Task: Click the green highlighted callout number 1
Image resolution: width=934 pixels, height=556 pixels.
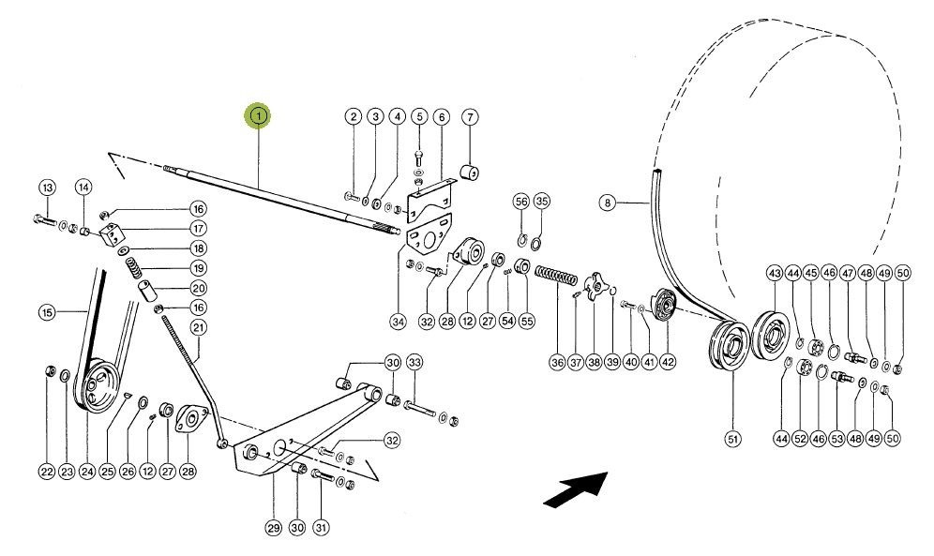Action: [257, 116]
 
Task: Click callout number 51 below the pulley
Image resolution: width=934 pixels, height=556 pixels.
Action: [732, 438]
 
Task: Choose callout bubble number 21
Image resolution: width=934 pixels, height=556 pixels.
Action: [198, 327]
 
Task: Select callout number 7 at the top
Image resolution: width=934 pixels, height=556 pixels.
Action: [470, 117]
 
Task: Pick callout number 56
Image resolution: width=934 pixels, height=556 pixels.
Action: [521, 202]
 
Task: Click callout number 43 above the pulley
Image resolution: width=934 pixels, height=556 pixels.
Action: [775, 272]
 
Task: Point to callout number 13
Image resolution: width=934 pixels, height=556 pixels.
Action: [47, 187]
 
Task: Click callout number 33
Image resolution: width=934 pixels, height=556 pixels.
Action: [414, 363]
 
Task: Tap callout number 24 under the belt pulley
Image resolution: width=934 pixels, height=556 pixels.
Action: [87, 472]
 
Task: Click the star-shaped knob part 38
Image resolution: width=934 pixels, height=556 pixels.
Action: [594, 286]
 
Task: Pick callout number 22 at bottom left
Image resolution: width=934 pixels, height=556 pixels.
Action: [47, 472]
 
